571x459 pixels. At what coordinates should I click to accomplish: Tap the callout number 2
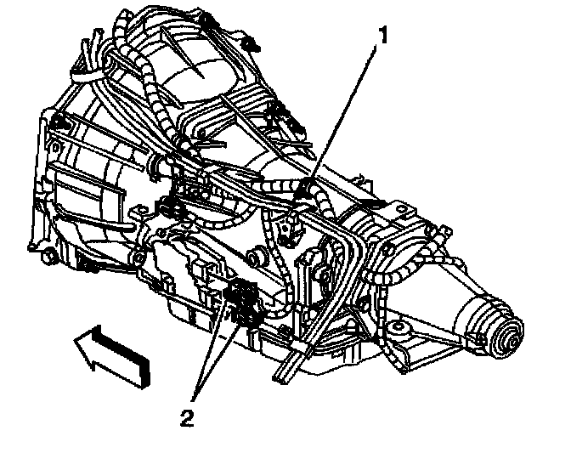[189, 416]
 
